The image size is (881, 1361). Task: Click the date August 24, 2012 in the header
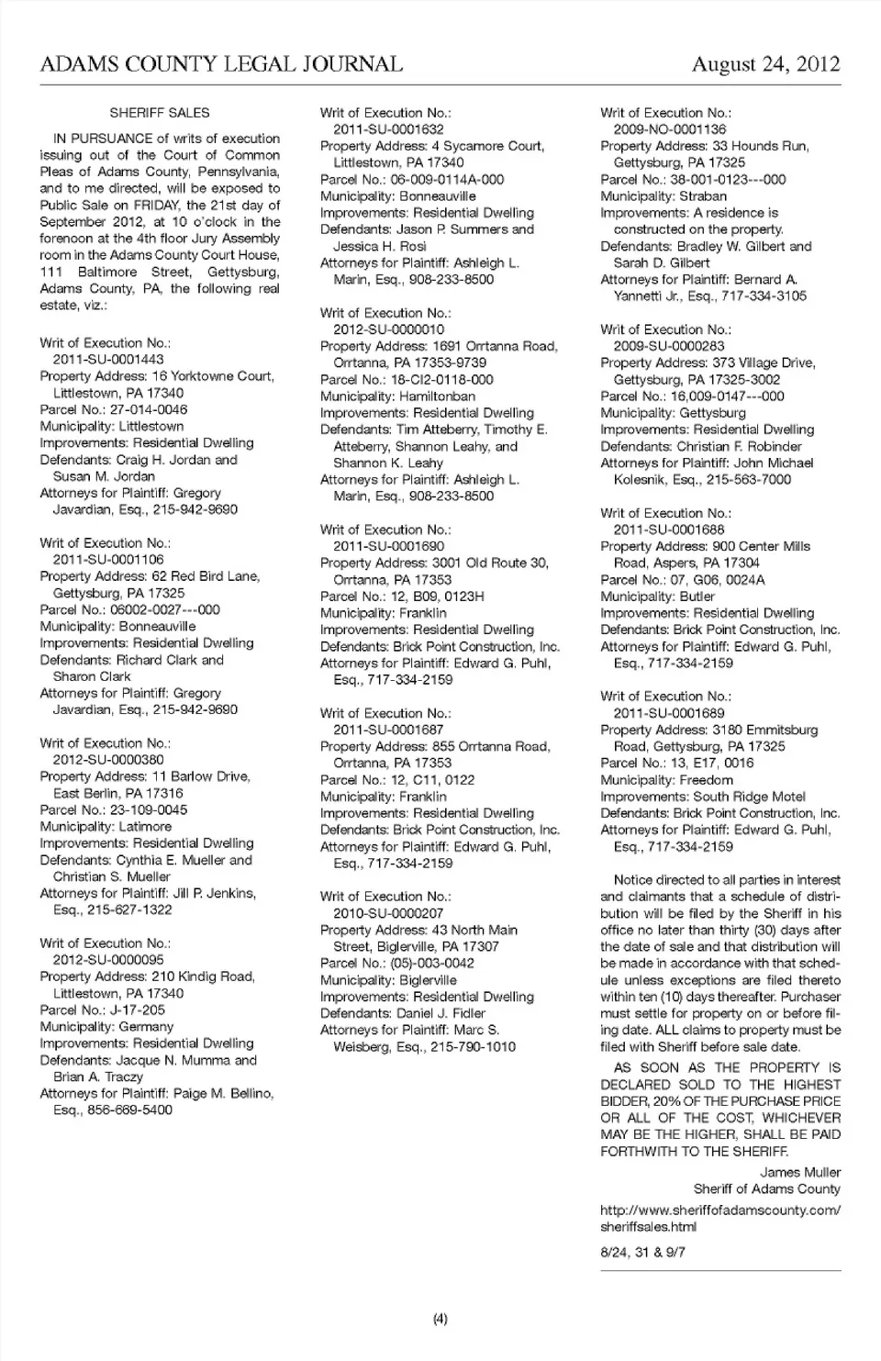[x=765, y=63]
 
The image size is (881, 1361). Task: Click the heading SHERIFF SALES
[x=160, y=113]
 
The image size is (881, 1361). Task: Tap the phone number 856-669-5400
[x=129, y=1110]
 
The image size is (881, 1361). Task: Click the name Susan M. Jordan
[x=104, y=476]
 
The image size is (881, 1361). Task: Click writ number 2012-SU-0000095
[x=108, y=960]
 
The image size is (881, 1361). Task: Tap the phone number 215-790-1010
[x=473, y=1046]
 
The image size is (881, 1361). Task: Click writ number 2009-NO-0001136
[x=670, y=129]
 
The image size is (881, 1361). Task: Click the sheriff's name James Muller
[x=800, y=1172]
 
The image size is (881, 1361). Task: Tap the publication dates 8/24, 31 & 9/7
[x=642, y=1252]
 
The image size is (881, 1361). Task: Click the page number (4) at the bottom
[x=440, y=1319]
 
